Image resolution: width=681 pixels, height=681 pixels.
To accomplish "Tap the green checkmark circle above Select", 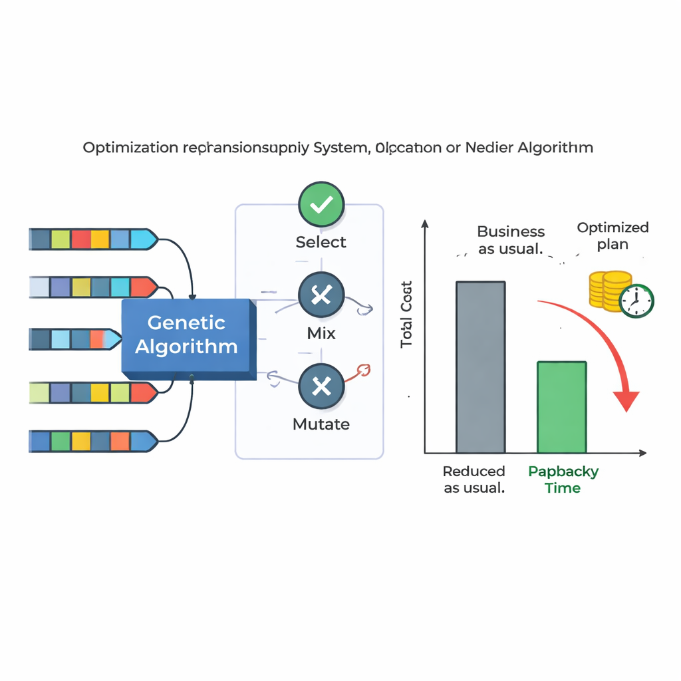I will (321, 204).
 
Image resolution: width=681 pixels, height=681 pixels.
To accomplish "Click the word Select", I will (321, 242).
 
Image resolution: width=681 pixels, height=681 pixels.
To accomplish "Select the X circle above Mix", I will (321, 295).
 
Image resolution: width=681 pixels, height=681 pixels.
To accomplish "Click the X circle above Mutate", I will (321, 386).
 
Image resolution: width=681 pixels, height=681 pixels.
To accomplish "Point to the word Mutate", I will (321, 424).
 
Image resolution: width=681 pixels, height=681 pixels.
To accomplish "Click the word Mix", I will (321, 333).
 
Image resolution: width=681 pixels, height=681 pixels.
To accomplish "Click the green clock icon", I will (636, 301).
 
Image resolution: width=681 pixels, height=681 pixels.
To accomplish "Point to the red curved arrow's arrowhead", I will (625, 401).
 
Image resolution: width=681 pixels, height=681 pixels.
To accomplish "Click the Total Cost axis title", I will (407, 315).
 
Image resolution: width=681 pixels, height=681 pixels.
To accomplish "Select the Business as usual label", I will (511, 240).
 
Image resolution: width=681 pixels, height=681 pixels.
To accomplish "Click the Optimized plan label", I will (613, 235).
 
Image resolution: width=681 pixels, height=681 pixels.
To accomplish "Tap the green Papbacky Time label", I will (563, 479).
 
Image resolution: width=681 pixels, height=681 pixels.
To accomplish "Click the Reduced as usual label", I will (474, 479).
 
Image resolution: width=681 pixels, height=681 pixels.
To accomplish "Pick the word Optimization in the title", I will (130, 148).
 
